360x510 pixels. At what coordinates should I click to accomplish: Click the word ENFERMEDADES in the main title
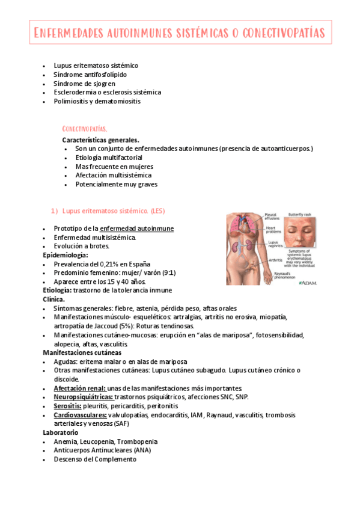68,31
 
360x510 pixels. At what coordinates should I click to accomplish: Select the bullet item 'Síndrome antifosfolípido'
90,74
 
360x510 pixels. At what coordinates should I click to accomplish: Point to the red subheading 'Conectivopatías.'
85,129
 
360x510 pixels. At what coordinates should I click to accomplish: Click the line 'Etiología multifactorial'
109,157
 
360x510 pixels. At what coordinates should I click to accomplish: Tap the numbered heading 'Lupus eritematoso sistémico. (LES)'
114,210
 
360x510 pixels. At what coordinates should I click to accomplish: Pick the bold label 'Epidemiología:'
66,255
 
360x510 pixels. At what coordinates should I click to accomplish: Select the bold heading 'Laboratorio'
61,432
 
